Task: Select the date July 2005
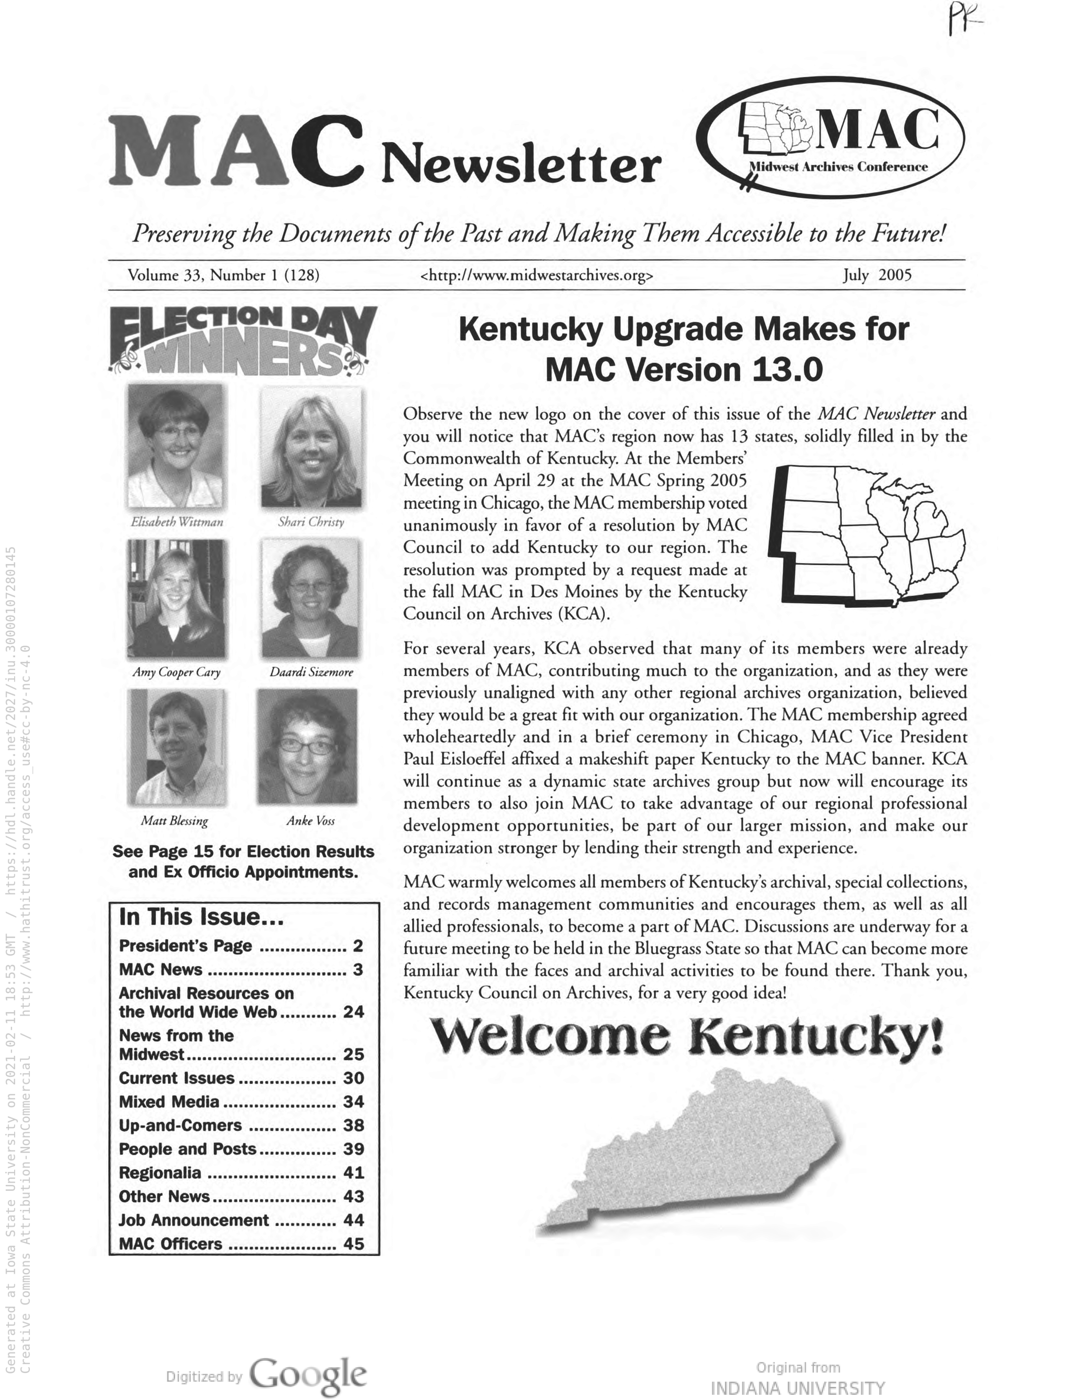pos(877,275)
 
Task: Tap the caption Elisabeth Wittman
pos(177,522)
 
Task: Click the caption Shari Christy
pos(311,522)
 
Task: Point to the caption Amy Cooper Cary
pos(176,672)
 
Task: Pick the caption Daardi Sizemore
pos(311,672)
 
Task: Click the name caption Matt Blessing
pos(174,820)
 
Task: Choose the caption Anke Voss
pos(310,820)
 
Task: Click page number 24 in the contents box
pos(353,1012)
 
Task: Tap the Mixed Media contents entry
pos(169,1102)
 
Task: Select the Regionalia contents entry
pos(160,1173)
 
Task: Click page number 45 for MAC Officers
pos(353,1244)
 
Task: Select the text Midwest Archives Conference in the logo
pos(838,167)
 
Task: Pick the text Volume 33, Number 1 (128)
pos(223,275)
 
